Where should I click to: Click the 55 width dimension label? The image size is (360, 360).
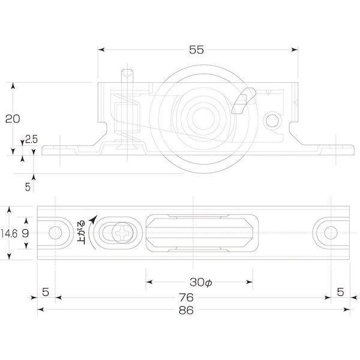(x=196, y=50)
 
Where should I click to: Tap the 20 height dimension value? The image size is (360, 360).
(x=13, y=119)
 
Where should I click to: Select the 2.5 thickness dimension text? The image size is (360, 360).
(x=31, y=139)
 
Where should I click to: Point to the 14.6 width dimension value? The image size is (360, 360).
(x=9, y=234)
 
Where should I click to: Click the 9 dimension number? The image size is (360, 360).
(x=25, y=234)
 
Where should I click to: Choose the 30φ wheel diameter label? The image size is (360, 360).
(x=200, y=282)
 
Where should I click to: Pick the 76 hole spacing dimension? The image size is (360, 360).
(x=186, y=298)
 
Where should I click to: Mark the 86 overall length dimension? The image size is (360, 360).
(x=186, y=310)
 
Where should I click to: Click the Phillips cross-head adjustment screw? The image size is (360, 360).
(x=122, y=233)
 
